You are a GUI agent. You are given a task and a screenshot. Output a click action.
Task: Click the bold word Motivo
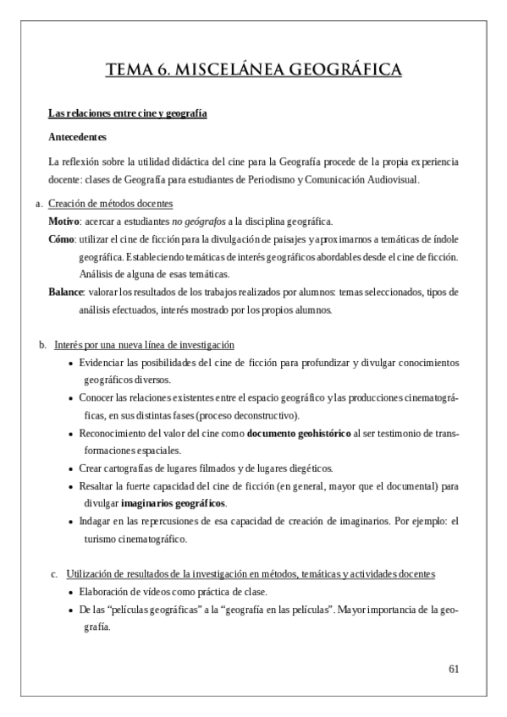(63, 221)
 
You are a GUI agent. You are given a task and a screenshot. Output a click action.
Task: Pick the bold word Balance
(65, 293)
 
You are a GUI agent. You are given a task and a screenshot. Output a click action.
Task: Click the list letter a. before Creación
(38, 204)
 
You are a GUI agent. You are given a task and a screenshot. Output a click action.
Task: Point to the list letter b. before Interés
(43, 345)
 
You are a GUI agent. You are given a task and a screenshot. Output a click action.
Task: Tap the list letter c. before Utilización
(55, 575)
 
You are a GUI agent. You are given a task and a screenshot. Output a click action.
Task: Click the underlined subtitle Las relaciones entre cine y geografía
(128, 113)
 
